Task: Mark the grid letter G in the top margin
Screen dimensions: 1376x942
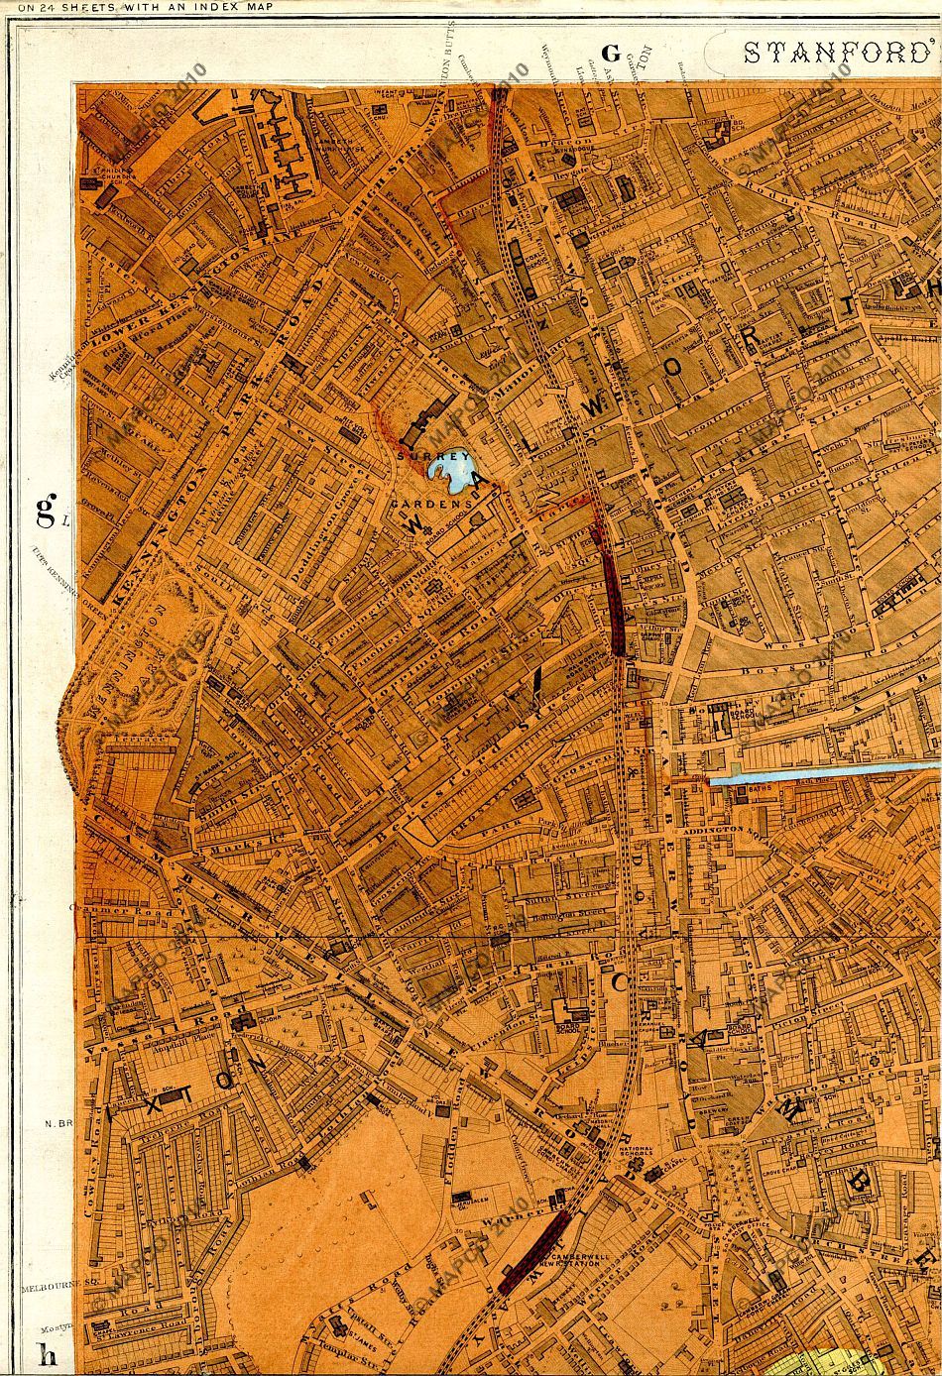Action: (611, 53)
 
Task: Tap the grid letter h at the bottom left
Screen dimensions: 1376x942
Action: (45, 1353)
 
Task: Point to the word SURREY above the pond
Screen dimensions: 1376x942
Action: (417, 457)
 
